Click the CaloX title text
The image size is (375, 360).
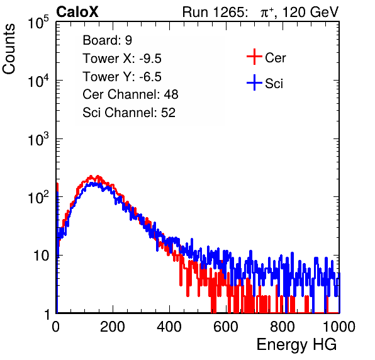click(77, 12)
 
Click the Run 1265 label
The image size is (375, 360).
click(215, 12)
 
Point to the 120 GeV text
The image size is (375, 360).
click(310, 12)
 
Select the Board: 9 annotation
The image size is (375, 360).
click(107, 40)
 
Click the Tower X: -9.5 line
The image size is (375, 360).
click(122, 59)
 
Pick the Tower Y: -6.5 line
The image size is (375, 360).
click(122, 77)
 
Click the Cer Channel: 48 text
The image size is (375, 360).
click(130, 94)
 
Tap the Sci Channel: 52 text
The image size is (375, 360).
click(129, 113)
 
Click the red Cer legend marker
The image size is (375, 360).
click(254, 57)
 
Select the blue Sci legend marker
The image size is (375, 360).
click(254, 82)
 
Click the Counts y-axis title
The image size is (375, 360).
click(9, 49)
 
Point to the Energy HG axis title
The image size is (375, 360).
click(296, 345)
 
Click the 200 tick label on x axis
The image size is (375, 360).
click(113, 327)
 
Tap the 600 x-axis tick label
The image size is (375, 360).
click(226, 327)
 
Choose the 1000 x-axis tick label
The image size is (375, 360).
click(339, 327)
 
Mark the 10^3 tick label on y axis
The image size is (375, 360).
click(38, 139)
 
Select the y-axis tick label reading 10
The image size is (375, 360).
click(41, 256)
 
